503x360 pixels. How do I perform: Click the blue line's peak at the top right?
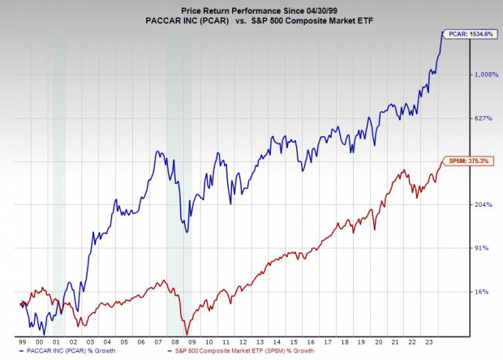(442, 32)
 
